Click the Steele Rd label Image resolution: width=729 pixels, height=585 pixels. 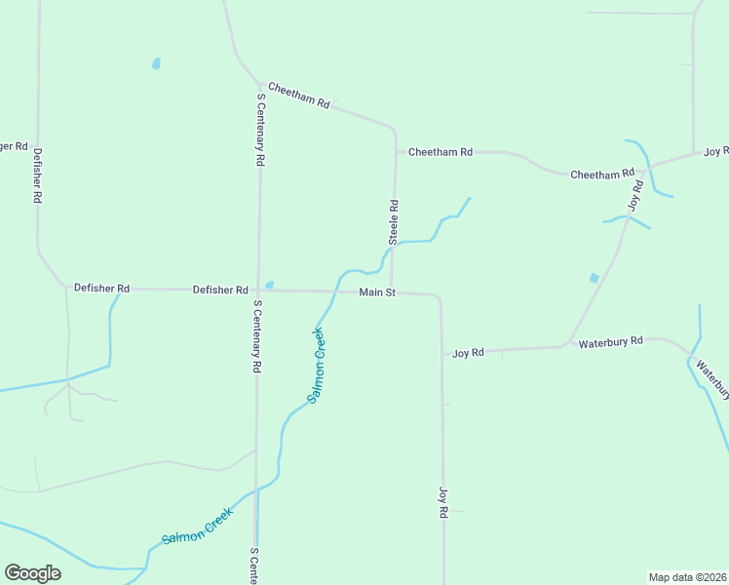tap(395, 222)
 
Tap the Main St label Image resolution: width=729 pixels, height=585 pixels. tap(377, 292)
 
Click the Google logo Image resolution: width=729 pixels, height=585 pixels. tap(32, 573)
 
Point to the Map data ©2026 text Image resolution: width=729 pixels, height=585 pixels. tap(687, 577)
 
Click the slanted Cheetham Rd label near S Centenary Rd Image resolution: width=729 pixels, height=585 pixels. tap(299, 96)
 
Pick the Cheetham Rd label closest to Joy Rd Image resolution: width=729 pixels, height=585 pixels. tap(602, 175)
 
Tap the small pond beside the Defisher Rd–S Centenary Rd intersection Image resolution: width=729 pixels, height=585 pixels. tap(270, 284)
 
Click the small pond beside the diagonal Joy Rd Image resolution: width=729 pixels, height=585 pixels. tap(595, 278)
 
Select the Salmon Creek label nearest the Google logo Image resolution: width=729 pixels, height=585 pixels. tap(198, 526)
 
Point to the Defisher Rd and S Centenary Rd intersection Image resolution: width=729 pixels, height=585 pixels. tap(257, 290)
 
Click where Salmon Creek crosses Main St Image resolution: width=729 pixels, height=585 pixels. tap(336, 291)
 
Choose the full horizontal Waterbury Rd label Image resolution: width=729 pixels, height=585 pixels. tap(611, 342)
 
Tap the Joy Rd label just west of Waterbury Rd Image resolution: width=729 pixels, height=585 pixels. tap(468, 353)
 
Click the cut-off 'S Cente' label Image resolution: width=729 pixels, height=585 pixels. tap(253, 565)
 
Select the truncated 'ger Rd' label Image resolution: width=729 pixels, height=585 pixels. tap(14, 146)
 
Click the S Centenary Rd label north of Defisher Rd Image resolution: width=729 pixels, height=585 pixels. tap(261, 130)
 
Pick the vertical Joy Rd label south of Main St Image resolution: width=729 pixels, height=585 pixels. tap(442, 502)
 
